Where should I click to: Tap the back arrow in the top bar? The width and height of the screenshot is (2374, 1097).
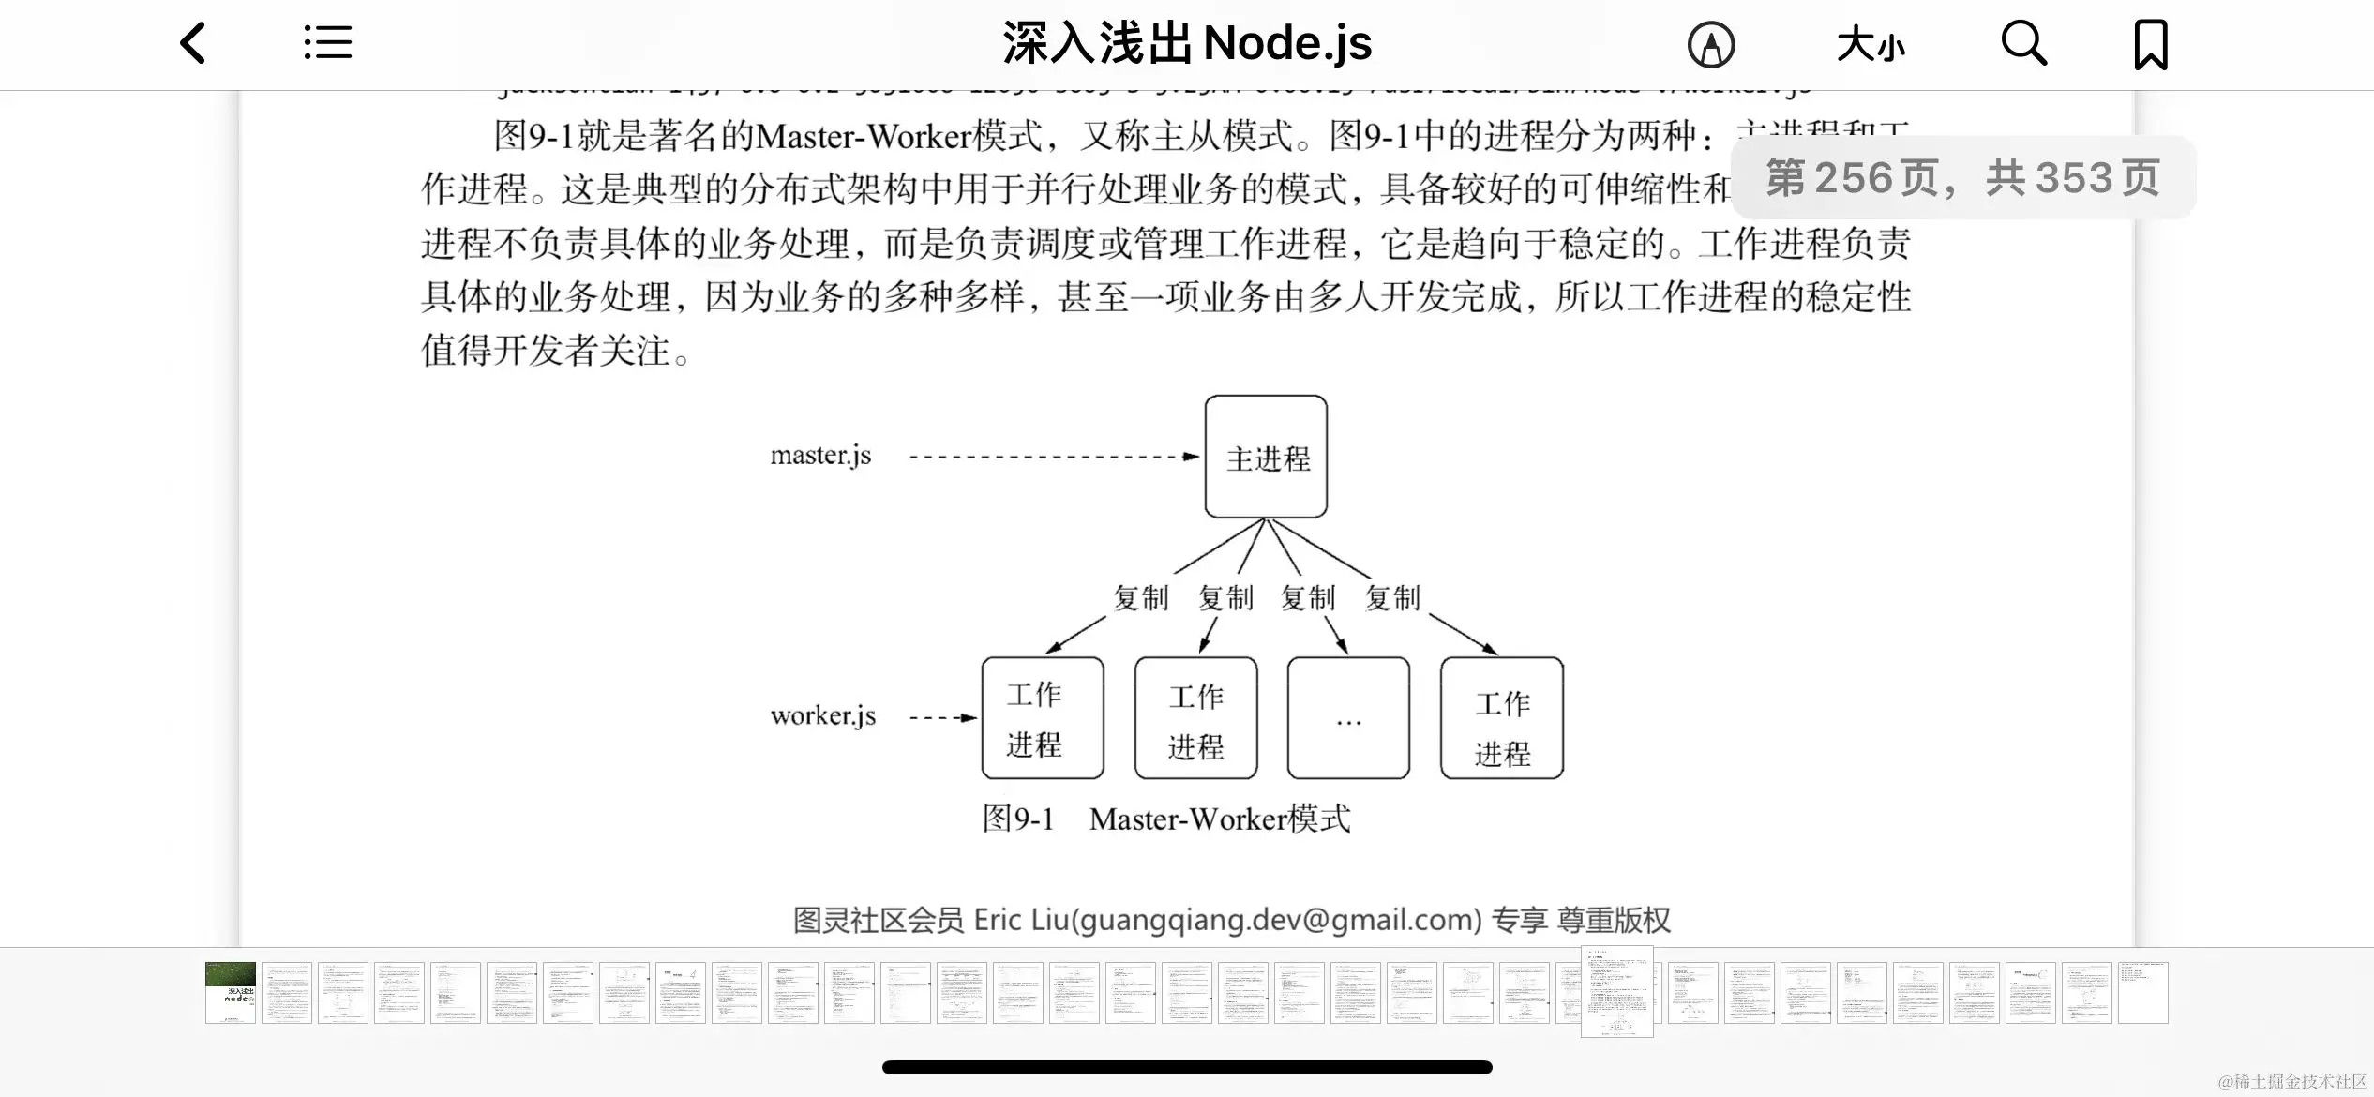click(x=193, y=43)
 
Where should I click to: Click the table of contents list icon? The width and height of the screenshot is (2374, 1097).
click(x=328, y=43)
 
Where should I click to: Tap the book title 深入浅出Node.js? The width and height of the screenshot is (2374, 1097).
click(x=1187, y=43)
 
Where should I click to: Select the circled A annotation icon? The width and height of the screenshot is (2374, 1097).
click(x=1711, y=44)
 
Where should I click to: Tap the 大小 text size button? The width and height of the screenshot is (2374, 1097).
click(x=1871, y=44)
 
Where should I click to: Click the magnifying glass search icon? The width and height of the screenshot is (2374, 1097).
click(x=2023, y=43)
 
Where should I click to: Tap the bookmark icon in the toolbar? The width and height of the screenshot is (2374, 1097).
click(x=2151, y=44)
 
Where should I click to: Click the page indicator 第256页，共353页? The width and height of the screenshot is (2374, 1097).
click(x=1962, y=177)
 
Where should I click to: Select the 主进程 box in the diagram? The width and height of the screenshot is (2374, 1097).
click(x=1266, y=457)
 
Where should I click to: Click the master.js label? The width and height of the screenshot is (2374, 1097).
click(x=820, y=456)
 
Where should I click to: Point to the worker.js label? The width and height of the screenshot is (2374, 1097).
click(x=822, y=716)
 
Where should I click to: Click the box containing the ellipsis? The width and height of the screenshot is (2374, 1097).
click(x=1348, y=718)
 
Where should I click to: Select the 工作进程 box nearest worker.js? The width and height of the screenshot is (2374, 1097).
click(x=1043, y=718)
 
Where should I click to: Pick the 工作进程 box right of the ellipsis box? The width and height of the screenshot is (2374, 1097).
click(x=1502, y=718)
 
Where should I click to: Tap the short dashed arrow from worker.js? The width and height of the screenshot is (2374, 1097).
click(x=942, y=717)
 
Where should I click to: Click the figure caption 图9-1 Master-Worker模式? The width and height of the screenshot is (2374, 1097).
click(x=1165, y=819)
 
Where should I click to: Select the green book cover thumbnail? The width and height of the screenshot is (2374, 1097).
click(x=231, y=992)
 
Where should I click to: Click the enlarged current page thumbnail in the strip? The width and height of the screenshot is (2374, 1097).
click(x=1616, y=992)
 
